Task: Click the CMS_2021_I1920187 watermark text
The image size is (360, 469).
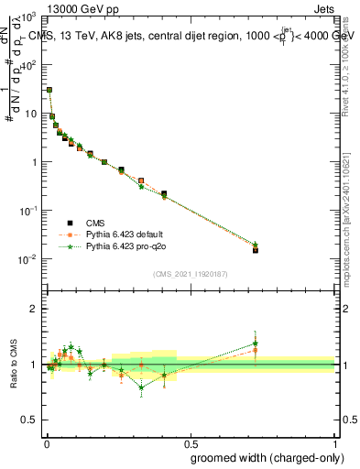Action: tap(191, 274)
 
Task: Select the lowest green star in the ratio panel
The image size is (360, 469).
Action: tap(141, 387)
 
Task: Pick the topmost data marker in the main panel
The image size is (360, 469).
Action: tap(49, 90)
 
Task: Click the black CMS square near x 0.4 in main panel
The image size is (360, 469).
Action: tap(164, 193)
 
